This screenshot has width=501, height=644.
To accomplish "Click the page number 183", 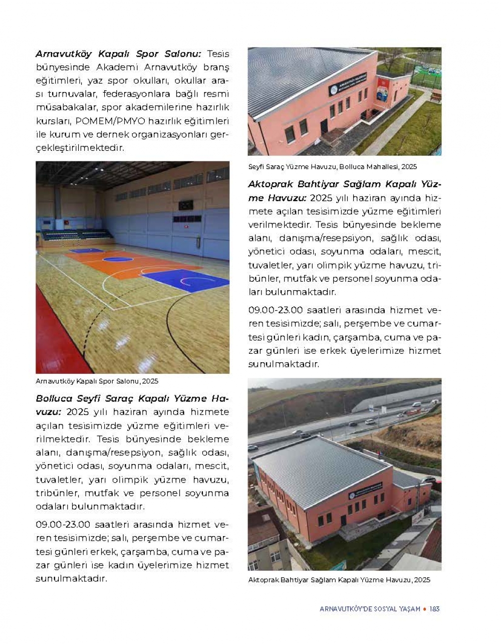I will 434,609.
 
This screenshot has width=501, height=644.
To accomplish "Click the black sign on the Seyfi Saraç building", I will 347,84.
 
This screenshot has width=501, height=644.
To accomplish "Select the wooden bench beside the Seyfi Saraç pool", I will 435,95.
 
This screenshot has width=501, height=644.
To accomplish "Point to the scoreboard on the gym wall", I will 185,205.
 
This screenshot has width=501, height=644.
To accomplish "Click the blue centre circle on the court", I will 118,259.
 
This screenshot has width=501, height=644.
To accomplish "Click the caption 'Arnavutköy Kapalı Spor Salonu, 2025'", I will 97,381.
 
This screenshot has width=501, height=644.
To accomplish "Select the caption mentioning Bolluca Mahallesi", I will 332,166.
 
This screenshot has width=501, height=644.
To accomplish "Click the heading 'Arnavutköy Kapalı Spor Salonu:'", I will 118,54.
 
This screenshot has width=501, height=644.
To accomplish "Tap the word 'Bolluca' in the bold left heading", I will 54,398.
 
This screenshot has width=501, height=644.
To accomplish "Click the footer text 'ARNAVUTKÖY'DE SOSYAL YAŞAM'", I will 370,609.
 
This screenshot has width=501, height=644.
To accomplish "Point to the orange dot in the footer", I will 425,609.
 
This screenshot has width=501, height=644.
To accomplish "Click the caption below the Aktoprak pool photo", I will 339,580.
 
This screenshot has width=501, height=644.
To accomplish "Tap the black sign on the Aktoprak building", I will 365,490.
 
